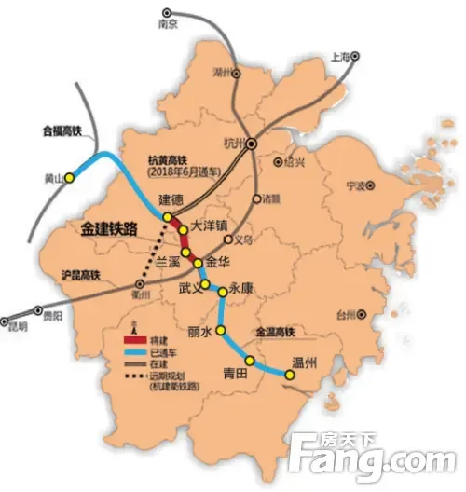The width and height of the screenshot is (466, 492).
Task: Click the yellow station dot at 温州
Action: (x=289, y=376)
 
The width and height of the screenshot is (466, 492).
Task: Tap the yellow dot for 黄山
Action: (x=69, y=179)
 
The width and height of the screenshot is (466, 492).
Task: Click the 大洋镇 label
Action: (x=210, y=226)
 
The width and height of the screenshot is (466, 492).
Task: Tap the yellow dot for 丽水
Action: (x=221, y=331)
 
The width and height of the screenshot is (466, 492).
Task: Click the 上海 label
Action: (x=345, y=58)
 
